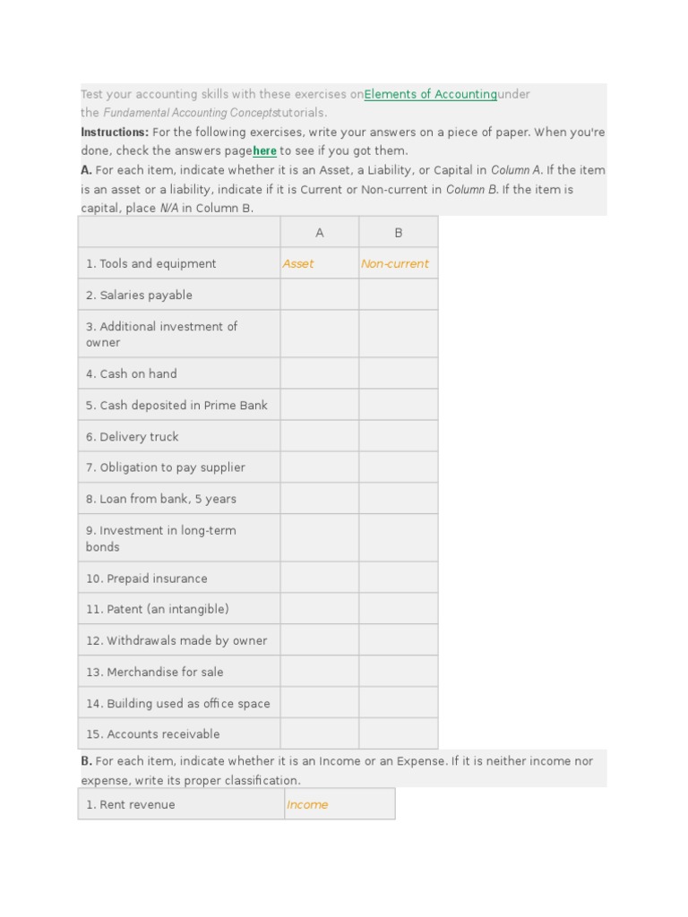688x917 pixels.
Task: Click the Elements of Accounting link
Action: point(430,94)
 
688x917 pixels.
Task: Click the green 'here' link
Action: point(264,151)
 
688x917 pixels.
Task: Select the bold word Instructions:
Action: point(114,133)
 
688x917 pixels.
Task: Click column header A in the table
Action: point(319,233)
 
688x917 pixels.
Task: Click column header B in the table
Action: point(399,233)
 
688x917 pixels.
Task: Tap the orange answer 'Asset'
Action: point(298,264)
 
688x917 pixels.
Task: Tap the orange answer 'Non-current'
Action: point(395,264)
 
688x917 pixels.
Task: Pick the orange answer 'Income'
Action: point(307,805)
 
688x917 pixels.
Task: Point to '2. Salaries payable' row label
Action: point(139,296)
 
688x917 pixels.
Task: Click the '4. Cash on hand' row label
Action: point(132,374)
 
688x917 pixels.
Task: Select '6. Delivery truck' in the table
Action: point(133,437)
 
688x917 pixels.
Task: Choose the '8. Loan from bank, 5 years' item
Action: point(161,499)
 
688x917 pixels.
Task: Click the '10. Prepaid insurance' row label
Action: point(147,578)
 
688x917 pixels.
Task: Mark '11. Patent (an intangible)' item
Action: point(158,609)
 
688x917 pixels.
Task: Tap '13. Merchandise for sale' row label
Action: point(155,672)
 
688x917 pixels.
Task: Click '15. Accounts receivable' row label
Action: point(153,734)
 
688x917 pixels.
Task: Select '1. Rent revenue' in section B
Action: point(131,805)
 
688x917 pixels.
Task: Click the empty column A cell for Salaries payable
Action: point(319,296)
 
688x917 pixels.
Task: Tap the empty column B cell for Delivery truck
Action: point(399,437)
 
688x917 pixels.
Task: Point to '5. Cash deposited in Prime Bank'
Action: point(176,406)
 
